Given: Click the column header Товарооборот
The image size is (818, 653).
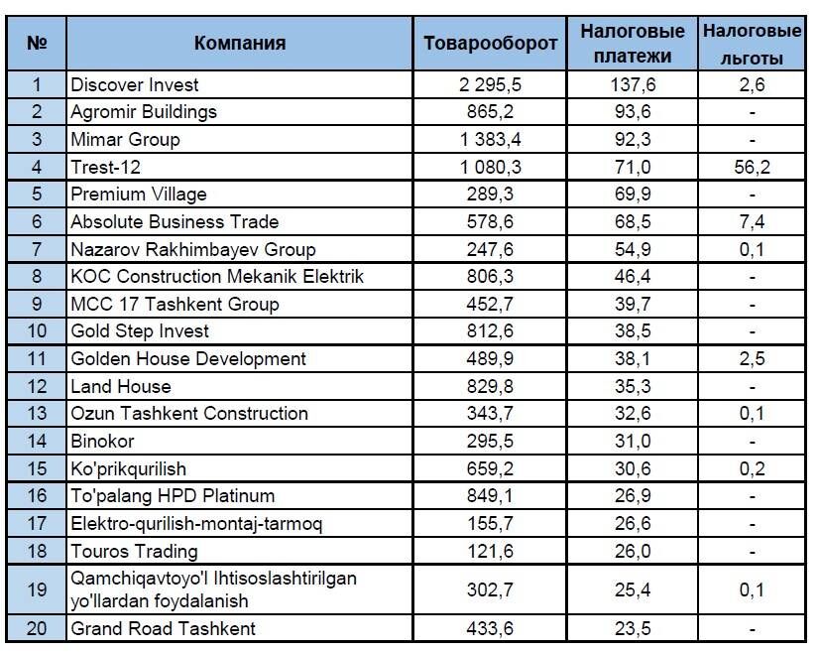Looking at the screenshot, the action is pyautogui.click(x=490, y=44).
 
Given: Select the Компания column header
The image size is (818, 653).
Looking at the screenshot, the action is pyautogui.click(x=240, y=43).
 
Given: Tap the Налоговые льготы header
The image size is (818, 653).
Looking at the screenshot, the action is pyautogui.click(x=752, y=44).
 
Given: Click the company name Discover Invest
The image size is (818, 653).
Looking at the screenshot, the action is pyautogui.click(x=135, y=84).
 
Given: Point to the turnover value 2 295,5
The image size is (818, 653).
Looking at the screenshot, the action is pyautogui.click(x=490, y=84).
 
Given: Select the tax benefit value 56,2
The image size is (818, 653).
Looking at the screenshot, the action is pyautogui.click(x=752, y=167).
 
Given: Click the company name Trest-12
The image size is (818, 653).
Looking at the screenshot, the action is pyautogui.click(x=106, y=167).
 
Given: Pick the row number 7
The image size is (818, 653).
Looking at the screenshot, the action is pyautogui.click(x=37, y=249).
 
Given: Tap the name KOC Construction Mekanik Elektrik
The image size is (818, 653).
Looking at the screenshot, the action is pyautogui.click(x=217, y=276).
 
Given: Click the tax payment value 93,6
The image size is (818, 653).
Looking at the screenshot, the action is pyautogui.click(x=633, y=112).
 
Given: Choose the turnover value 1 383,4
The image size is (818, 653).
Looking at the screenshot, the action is pyautogui.click(x=490, y=139).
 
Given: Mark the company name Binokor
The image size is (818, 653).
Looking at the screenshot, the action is pyautogui.click(x=102, y=441).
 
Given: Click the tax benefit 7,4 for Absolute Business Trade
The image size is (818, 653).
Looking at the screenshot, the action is pyautogui.click(x=752, y=222).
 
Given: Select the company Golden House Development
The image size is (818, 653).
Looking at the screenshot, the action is pyautogui.click(x=188, y=358).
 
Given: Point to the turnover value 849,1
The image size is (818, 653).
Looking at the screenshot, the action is pyautogui.click(x=490, y=496).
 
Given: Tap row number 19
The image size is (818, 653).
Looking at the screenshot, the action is pyautogui.click(x=37, y=589).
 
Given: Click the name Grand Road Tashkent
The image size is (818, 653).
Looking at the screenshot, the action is pyautogui.click(x=164, y=628).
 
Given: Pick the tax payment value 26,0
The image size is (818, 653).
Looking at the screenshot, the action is pyautogui.click(x=633, y=551).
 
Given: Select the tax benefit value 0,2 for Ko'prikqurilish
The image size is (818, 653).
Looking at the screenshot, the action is pyautogui.click(x=752, y=468).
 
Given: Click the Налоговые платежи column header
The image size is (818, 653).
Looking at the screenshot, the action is pyautogui.click(x=633, y=44).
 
